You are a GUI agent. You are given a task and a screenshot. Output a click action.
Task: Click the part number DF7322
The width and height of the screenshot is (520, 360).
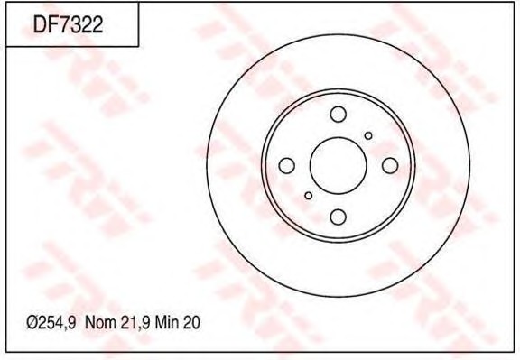[68, 23]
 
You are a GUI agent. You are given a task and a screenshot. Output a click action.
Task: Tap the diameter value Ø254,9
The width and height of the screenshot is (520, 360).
[51, 322]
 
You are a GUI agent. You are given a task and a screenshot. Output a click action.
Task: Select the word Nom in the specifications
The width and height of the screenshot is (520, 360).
[100, 322]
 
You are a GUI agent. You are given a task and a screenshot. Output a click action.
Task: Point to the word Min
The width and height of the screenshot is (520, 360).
[167, 322]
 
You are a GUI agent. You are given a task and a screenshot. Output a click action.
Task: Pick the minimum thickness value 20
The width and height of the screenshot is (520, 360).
[191, 322]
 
